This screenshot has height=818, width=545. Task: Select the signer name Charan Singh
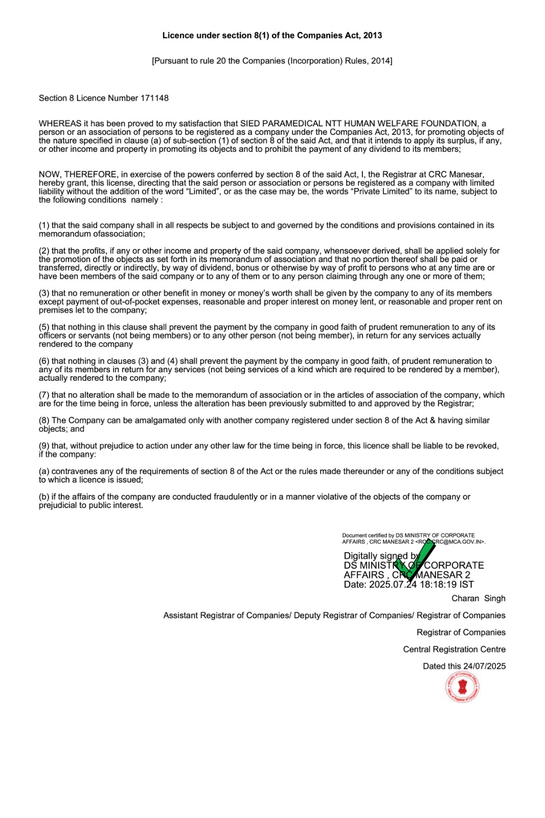pos(478,598)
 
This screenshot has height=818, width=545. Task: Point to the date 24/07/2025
pos(484,666)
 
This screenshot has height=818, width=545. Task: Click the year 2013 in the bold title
pos(373,35)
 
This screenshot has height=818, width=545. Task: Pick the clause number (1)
pos(44,225)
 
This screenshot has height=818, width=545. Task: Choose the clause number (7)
pos(44,395)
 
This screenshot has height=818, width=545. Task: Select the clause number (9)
pos(44,446)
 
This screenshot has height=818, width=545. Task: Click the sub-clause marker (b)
pos(44,497)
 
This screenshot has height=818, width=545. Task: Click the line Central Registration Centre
pos(454,649)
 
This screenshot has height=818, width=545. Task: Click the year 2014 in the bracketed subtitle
pos(381,61)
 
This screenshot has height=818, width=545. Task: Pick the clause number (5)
pos(44,327)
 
